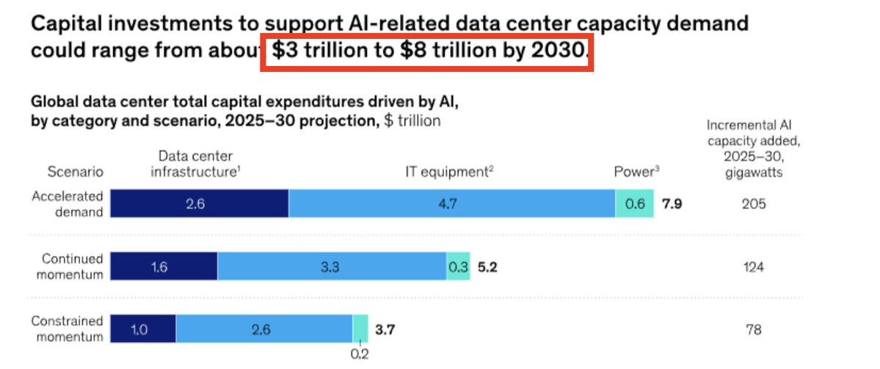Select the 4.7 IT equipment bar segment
point(451,203)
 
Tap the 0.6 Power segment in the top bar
point(636,203)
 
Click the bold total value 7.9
point(673,204)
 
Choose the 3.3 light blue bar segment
point(331,267)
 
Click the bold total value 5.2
point(488,268)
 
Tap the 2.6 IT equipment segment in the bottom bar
point(263,330)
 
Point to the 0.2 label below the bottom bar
point(360,354)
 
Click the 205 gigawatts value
point(753,204)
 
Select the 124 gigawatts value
point(753,268)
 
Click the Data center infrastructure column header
point(196,164)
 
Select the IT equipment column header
point(448,172)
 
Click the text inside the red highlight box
point(428,52)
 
